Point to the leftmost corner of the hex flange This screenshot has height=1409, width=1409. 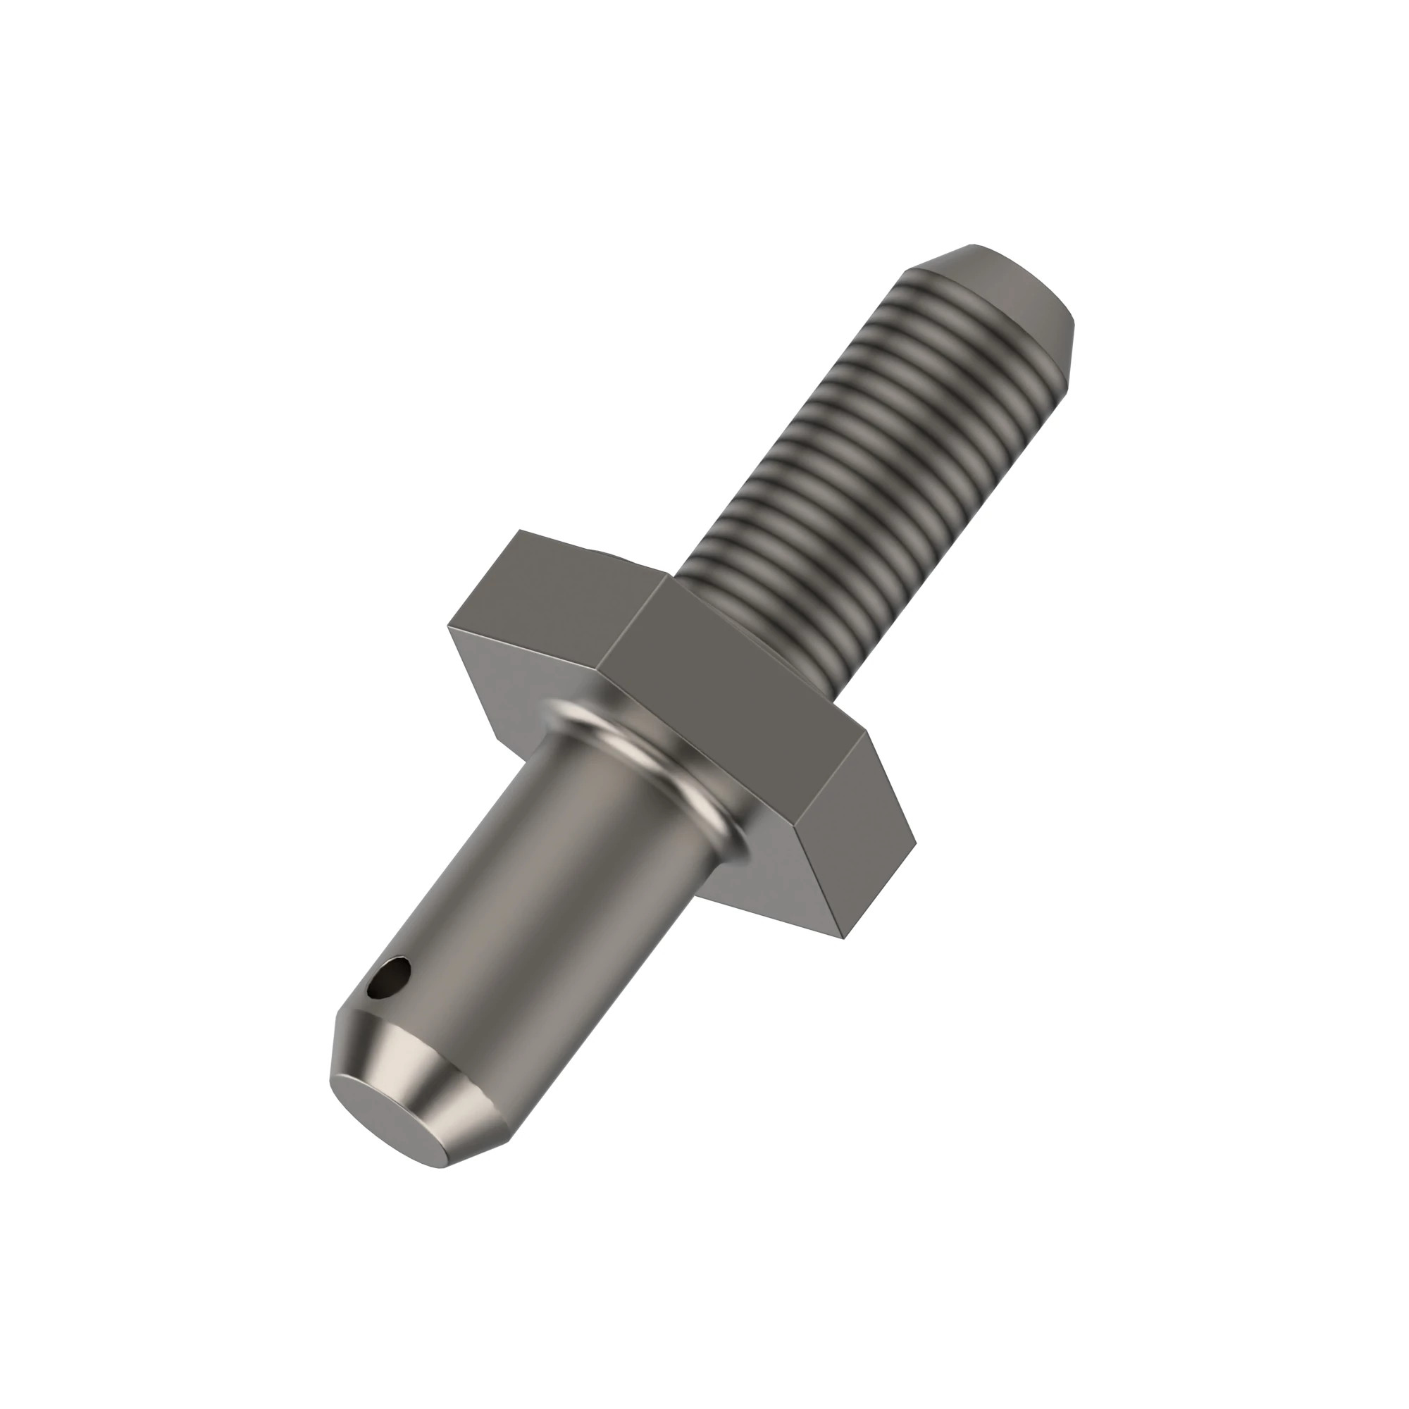click(449, 626)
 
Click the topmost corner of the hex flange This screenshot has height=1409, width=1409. click(519, 530)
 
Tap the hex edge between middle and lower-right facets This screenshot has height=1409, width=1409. click(838, 773)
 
